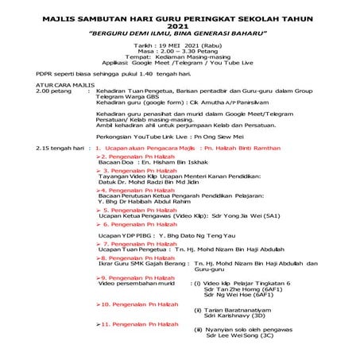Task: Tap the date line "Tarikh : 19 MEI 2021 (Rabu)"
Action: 179,46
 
